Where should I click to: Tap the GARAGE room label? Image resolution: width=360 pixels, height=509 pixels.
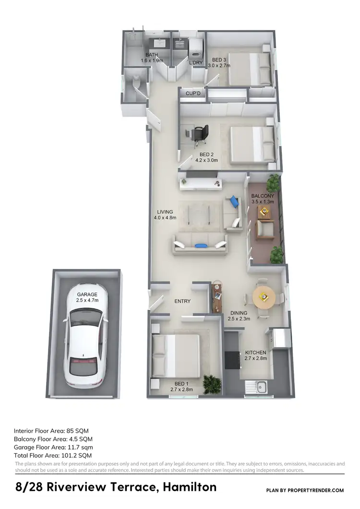[86, 294]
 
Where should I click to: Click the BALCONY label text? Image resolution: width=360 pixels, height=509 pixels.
[263, 196]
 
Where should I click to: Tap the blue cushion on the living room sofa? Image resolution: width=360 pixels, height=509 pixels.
[200, 246]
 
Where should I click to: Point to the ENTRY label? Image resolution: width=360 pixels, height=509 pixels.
[182, 301]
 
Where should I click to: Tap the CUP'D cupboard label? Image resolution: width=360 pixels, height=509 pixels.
[193, 94]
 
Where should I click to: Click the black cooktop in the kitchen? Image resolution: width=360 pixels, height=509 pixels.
[233, 359]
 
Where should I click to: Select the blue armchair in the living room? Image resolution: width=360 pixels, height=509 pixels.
[234, 201]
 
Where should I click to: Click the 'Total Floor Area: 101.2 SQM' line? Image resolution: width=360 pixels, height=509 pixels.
[53, 455]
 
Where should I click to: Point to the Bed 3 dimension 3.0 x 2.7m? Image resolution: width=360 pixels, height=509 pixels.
[221, 66]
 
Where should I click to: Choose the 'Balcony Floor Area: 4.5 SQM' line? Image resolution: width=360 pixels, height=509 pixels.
[53, 438]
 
